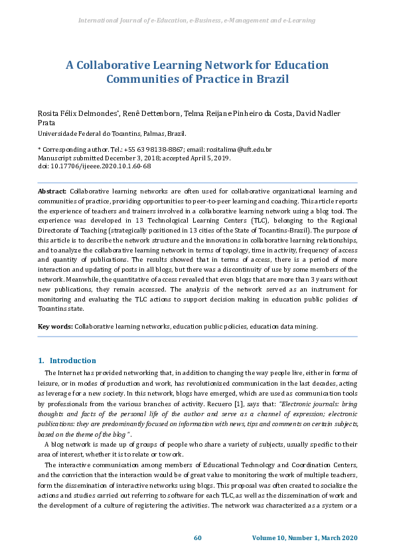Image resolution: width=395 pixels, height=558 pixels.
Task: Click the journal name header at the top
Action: click(x=197, y=21)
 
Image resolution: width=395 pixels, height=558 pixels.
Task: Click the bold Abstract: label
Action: click(x=52, y=191)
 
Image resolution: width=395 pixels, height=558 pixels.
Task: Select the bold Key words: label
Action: click(x=55, y=327)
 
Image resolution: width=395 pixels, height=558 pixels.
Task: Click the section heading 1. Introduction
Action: click(x=67, y=361)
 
